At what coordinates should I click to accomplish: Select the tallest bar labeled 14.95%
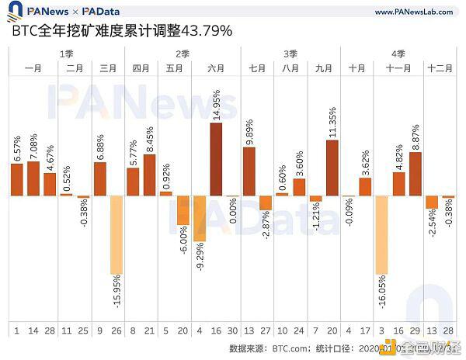216,159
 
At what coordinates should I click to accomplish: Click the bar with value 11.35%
332,168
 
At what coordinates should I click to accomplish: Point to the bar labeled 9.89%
249,171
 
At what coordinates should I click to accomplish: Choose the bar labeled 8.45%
149,175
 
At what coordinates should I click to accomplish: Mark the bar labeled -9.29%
200,220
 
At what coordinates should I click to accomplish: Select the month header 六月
216,68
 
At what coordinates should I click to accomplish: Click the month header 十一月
398,68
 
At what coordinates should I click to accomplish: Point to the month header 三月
109,68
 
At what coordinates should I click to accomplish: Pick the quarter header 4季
398,54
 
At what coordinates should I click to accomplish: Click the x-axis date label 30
233,331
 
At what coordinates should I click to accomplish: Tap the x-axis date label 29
416,331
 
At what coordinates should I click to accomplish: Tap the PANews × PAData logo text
62,12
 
